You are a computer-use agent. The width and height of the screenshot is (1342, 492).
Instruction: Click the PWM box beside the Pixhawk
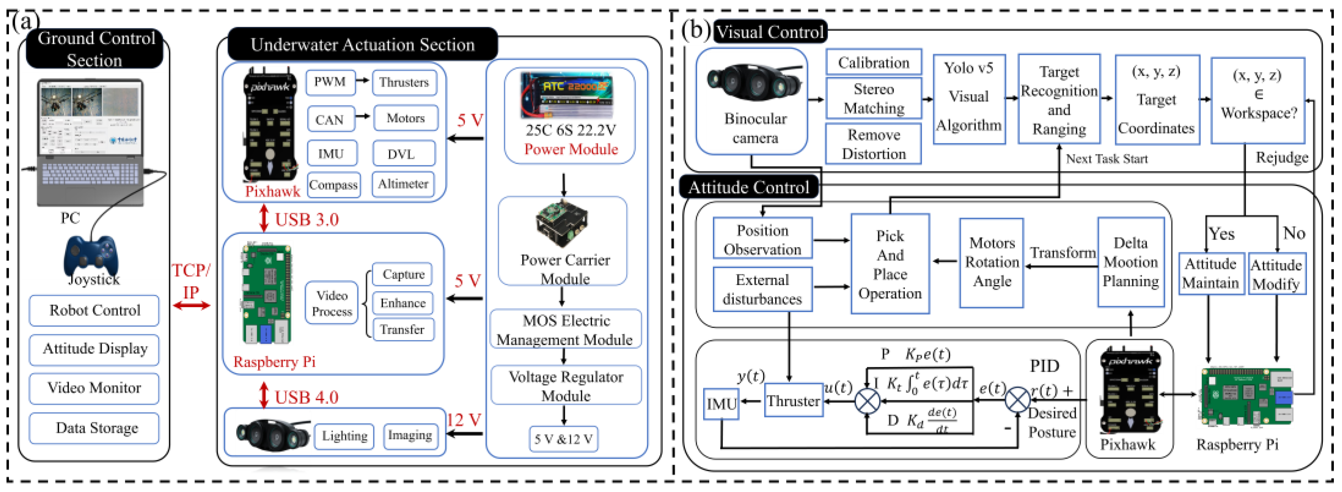pos(330,82)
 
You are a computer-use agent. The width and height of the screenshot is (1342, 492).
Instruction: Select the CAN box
pos(330,119)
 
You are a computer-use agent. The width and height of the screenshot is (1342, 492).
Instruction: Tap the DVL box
pos(403,154)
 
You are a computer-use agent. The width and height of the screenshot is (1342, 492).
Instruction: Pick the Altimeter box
pos(403,184)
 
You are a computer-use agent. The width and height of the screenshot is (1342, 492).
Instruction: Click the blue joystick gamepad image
pos(91,255)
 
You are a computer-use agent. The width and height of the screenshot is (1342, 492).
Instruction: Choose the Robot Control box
pos(94,310)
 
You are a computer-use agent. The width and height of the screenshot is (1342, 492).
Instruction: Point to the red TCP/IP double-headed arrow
pos(191,305)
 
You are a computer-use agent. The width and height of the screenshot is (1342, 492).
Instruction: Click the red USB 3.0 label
pos(306,220)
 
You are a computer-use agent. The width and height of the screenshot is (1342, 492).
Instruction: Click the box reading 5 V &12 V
pos(563,439)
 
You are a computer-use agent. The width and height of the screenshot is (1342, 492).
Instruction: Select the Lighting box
pos(344,436)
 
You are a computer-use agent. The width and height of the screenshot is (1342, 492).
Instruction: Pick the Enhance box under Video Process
pos(403,303)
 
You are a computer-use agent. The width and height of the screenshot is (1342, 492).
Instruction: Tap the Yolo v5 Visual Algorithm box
pos(969,97)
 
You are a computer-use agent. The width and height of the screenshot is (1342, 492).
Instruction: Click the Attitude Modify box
pos(1276,274)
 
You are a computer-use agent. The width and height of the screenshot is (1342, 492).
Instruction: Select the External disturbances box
pos(762,289)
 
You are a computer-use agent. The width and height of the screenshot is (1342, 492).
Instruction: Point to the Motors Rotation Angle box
pos(991,262)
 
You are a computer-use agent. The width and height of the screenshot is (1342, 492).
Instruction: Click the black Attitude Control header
pos(749,187)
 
